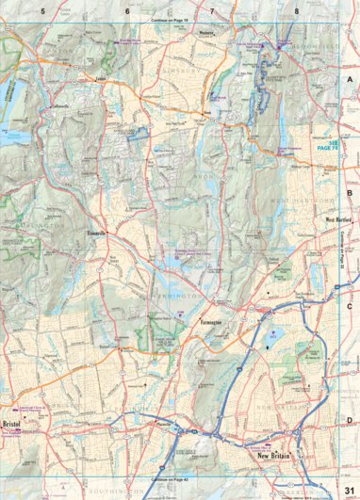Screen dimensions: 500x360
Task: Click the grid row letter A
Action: coord(349,82)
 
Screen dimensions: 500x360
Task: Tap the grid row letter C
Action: coord(349,306)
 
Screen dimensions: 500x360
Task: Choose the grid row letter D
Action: coord(349,420)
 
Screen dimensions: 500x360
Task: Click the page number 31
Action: coord(348,488)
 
